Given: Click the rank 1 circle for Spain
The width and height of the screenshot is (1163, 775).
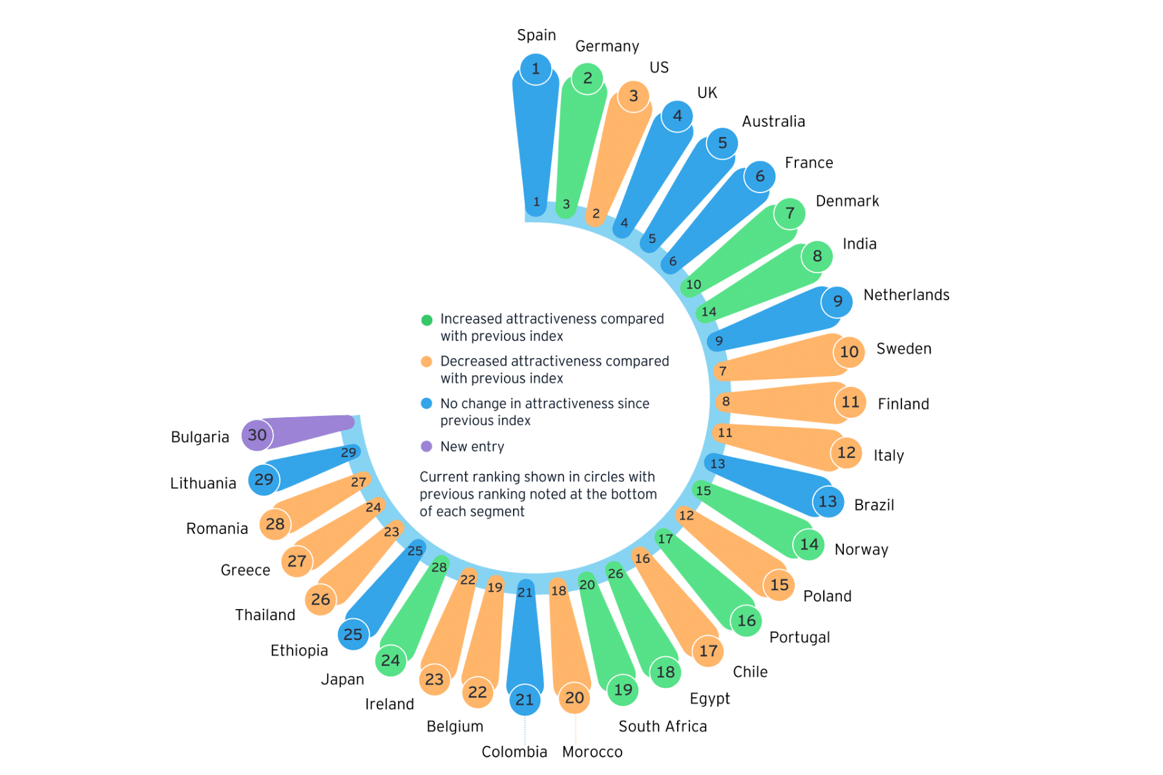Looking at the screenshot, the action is (x=536, y=68).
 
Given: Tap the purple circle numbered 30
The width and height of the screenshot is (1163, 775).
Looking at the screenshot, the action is (x=257, y=435).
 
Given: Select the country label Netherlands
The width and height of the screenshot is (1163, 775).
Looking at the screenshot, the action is (x=906, y=295).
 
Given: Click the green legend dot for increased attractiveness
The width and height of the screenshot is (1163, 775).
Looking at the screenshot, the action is (x=426, y=320).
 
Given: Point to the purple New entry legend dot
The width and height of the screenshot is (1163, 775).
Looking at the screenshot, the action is (x=426, y=446).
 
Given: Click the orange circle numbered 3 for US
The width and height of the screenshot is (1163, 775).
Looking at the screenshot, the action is (x=634, y=96).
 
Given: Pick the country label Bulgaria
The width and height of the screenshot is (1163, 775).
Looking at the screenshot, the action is (x=200, y=437).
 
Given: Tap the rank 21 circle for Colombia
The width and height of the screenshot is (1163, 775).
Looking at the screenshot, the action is (x=525, y=699).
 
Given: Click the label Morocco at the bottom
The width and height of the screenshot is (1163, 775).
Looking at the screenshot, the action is (x=592, y=752).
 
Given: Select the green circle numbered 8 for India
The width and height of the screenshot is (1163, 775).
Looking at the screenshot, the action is (x=817, y=256).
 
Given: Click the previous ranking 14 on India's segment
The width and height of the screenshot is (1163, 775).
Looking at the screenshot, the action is (x=709, y=312).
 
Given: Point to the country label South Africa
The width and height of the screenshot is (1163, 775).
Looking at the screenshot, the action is (x=663, y=727).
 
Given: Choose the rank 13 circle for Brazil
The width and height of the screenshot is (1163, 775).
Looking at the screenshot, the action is (x=828, y=501).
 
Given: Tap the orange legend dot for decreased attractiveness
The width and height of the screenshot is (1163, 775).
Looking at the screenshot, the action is (x=426, y=362).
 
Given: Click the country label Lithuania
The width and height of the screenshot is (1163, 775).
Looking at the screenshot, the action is (x=203, y=483).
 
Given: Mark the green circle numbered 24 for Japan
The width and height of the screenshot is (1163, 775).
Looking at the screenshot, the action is (x=390, y=660).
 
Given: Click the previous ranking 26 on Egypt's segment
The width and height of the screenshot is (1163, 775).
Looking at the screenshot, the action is (x=616, y=573).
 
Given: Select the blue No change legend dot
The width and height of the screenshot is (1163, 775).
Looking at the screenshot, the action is (x=426, y=404).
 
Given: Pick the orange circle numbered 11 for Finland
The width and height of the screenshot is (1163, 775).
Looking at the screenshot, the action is (x=850, y=402).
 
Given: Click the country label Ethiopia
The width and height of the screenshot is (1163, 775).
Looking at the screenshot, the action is (x=299, y=650).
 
